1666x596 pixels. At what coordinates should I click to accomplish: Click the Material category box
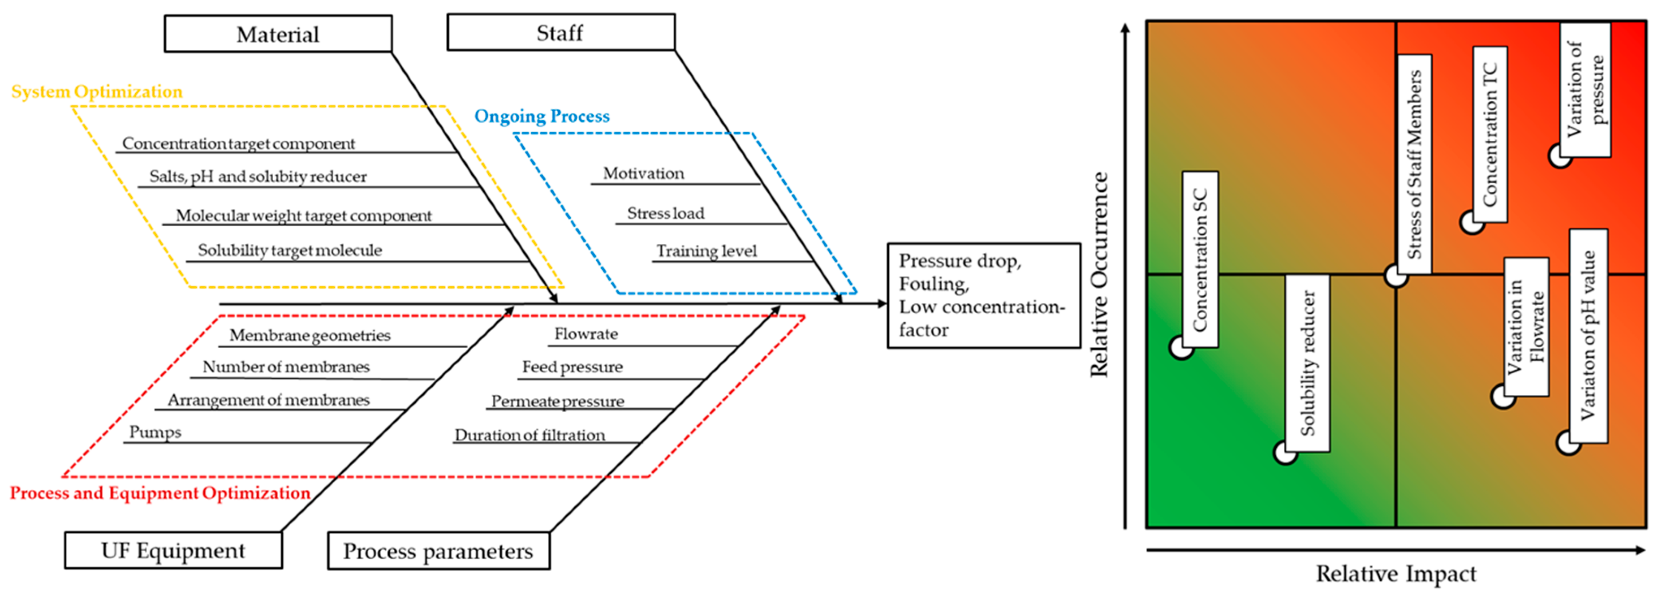pos(278,34)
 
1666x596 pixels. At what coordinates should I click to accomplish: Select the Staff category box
pos(560,32)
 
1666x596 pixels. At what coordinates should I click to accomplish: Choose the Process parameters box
pos(439,551)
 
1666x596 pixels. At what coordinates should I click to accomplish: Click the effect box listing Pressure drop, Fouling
pos(983,296)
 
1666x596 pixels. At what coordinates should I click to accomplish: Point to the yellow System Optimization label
pos(97,91)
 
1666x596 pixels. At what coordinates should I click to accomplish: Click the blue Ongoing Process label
pos(542,116)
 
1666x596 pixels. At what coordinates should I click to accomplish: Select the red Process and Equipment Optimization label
pos(160,493)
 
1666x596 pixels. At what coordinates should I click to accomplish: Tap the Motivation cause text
pos(643,173)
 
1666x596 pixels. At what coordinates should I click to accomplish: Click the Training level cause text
pos(706,251)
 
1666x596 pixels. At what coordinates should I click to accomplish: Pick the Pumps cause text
pos(155,432)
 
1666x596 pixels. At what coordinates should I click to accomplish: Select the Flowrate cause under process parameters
pos(586,334)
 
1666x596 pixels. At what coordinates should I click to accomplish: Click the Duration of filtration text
pos(530,435)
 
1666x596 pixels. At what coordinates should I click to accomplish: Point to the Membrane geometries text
pos(310,335)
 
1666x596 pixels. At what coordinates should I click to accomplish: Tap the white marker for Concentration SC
pos(1180,347)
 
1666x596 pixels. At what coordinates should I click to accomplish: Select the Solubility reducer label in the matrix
pos(1307,363)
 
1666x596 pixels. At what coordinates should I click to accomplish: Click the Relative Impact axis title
pos(1396,573)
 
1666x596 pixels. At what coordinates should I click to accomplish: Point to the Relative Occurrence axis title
pos(1099,274)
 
